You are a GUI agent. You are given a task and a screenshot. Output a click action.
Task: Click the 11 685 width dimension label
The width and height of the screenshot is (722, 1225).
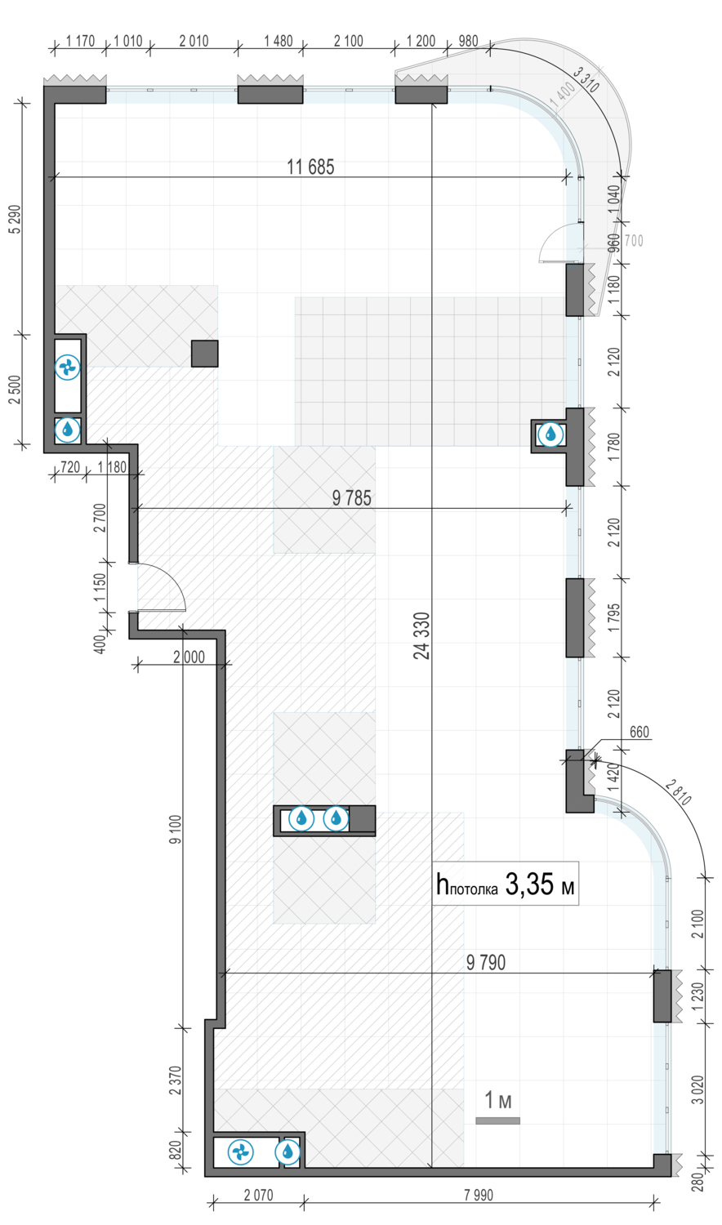310,167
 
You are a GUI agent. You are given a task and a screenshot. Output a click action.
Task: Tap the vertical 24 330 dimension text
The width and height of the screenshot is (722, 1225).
421,635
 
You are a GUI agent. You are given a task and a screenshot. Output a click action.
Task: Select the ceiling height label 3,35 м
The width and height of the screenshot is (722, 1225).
539,884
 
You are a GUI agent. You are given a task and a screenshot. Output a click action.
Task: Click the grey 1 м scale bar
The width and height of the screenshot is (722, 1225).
497,1120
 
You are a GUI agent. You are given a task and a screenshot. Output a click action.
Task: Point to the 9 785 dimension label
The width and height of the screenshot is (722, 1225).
352,498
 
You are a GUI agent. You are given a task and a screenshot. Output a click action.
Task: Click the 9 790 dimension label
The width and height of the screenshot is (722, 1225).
486,963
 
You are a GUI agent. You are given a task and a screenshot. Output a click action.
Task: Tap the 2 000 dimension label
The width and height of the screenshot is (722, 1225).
189,657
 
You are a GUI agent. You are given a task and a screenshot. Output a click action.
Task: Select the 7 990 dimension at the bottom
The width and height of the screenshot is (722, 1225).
478,1195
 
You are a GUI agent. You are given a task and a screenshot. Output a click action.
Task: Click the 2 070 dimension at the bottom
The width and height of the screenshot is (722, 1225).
258,1195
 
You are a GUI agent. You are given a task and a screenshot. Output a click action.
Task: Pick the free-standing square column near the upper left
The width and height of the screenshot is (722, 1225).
204,354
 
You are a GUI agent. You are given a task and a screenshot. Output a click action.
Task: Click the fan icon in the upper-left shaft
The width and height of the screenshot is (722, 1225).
67,367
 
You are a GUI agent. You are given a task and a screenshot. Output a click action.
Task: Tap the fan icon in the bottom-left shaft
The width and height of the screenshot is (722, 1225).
240,1152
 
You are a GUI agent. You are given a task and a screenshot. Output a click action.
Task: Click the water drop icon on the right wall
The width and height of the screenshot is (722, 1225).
550,434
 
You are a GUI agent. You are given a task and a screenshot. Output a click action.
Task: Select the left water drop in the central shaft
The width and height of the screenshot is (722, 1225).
301,818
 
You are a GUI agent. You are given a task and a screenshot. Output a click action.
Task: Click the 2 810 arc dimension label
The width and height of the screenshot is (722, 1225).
678,792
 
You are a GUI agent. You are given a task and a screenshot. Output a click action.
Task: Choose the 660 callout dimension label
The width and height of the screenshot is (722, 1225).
639,732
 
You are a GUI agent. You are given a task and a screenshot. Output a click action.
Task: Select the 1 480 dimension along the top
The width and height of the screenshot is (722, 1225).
278,41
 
